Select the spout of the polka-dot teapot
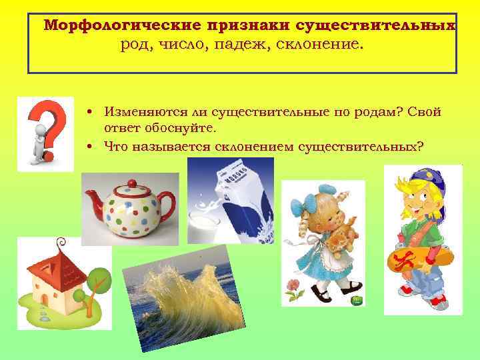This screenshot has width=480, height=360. click(x=91, y=199)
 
